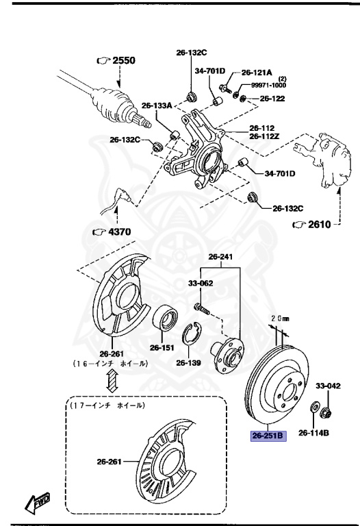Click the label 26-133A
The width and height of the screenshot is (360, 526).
click(x=157, y=105)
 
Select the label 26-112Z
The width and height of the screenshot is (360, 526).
click(x=264, y=136)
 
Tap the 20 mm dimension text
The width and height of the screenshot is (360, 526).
click(x=281, y=318)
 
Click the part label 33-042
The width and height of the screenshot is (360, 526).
click(x=327, y=386)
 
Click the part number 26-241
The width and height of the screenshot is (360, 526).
click(x=220, y=257)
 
